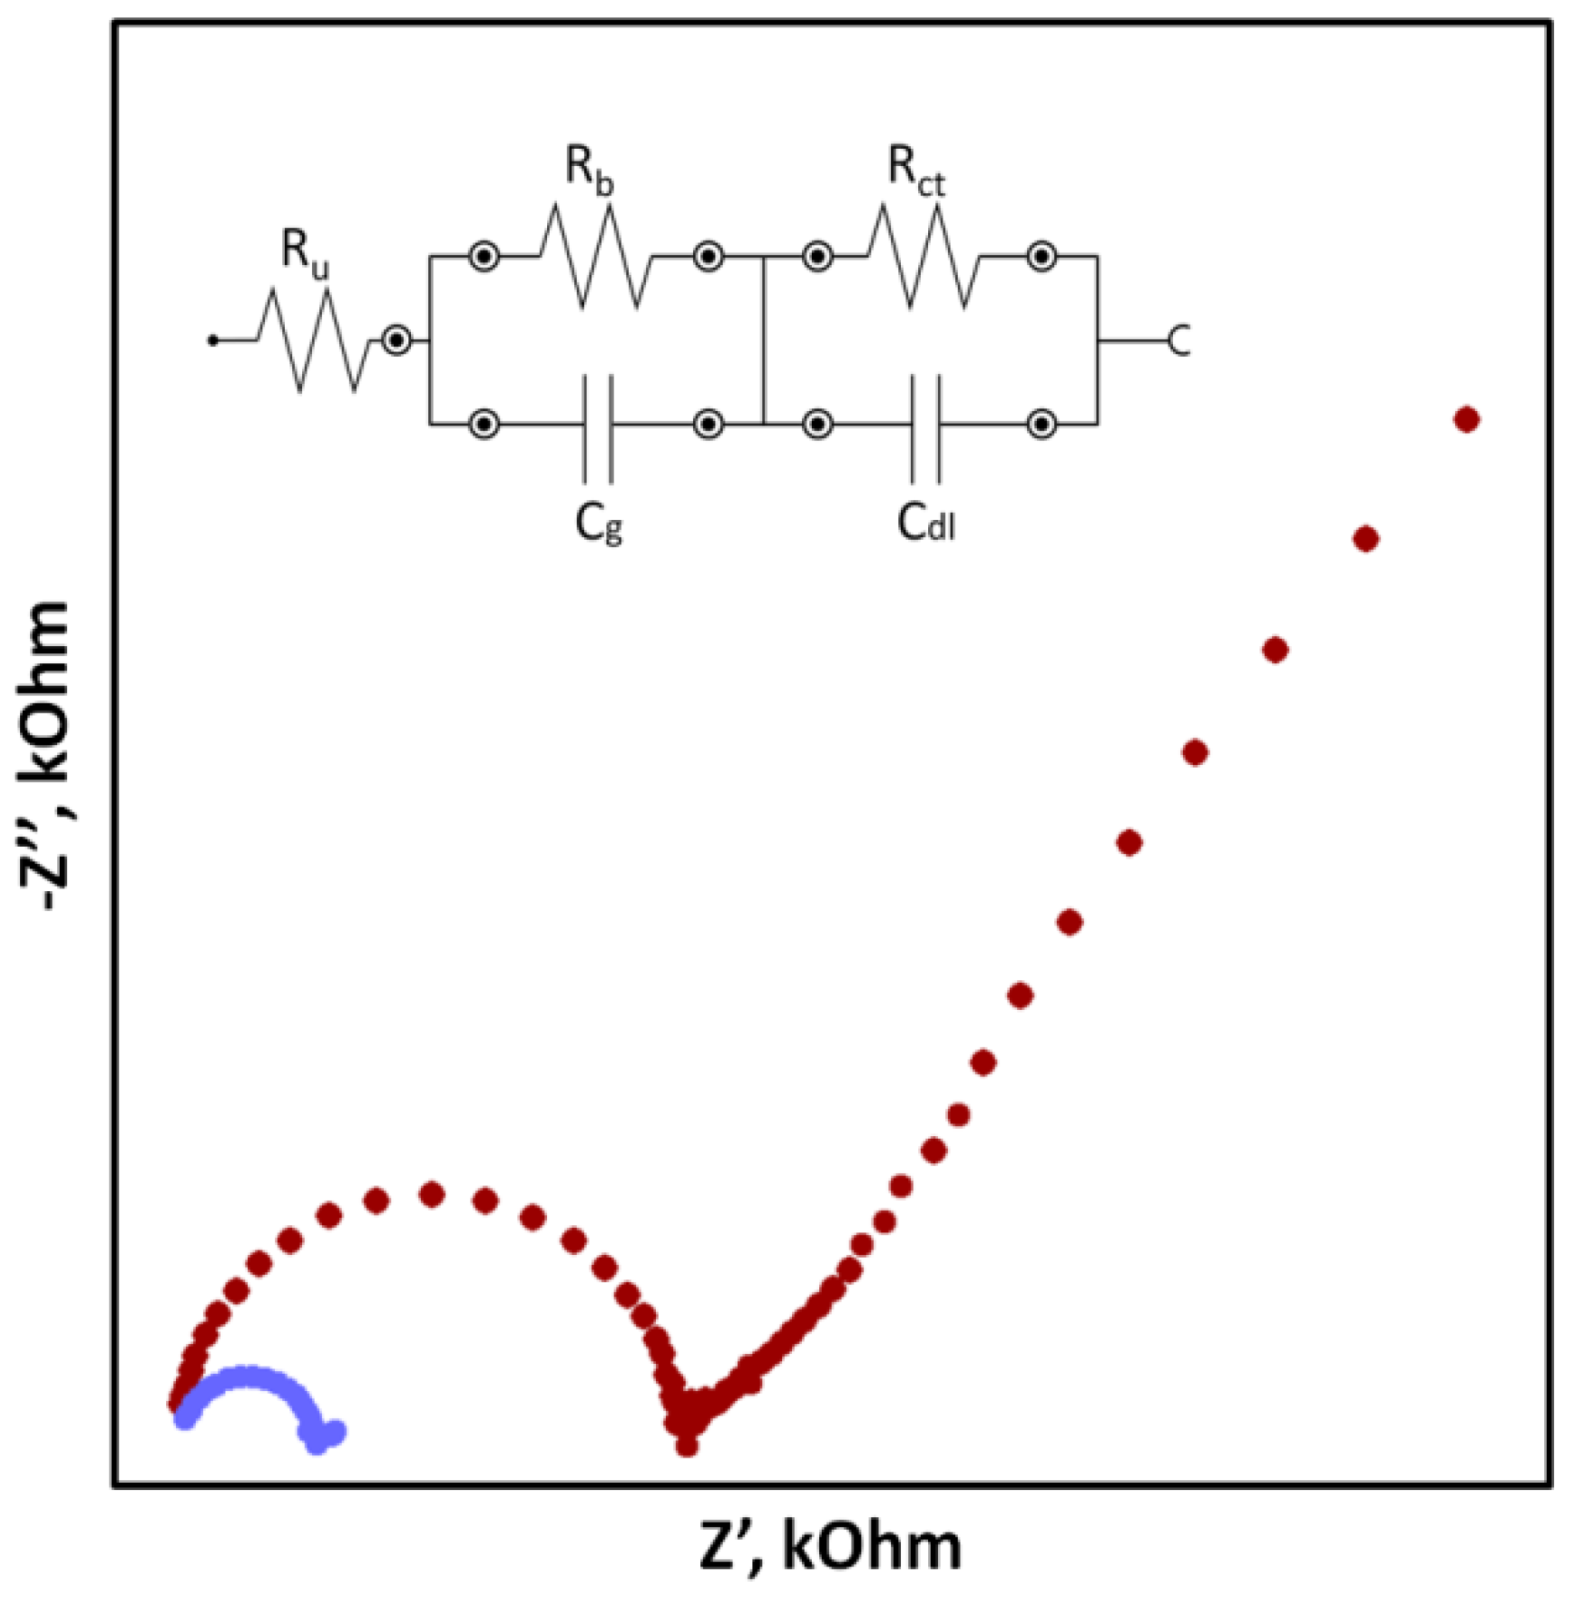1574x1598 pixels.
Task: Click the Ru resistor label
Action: click(x=305, y=250)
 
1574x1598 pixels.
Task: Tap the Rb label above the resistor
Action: click(x=589, y=169)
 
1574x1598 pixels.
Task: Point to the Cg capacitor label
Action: click(x=599, y=524)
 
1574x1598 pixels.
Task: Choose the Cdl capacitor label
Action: click(x=925, y=524)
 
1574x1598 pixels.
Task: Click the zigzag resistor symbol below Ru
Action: click(x=314, y=340)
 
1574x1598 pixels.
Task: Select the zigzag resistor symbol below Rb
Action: click(x=595, y=257)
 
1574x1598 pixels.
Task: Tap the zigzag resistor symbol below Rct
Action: click(x=924, y=257)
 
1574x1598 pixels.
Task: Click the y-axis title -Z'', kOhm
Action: click(x=45, y=758)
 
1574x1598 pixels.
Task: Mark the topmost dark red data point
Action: click(x=1467, y=419)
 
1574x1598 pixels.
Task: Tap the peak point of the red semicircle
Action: click(x=432, y=1195)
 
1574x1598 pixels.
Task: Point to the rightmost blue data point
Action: click(x=336, y=1433)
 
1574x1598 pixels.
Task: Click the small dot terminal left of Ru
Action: click(x=213, y=341)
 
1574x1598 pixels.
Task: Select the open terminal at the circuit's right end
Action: click(x=1178, y=341)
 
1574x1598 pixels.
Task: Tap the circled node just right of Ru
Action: click(x=396, y=341)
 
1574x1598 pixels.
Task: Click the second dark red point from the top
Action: click(x=1366, y=539)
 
